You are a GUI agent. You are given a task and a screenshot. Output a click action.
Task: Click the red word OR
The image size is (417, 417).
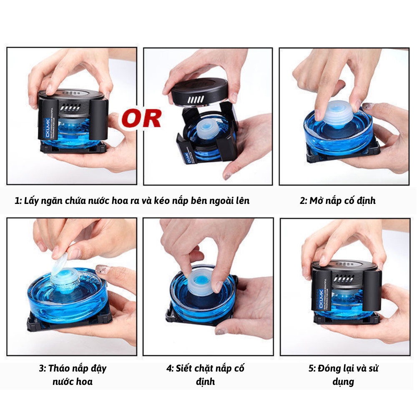[141, 118]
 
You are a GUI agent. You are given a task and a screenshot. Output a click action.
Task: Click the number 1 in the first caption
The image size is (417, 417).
[17, 201]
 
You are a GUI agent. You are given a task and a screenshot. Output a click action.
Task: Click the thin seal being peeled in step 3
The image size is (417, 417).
[61, 263]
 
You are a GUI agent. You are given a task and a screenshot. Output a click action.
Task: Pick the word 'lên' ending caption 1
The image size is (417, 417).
[240, 201]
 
